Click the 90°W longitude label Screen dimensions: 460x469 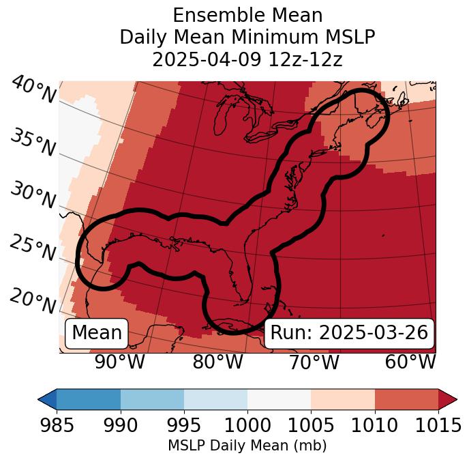(x=120, y=362)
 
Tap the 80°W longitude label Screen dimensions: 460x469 (x=218, y=362)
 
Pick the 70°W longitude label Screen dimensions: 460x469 (x=314, y=362)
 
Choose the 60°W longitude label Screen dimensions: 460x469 (x=410, y=362)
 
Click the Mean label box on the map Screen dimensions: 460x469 (x=97, y=333)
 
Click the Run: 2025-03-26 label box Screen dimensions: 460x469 (x=349, y=333)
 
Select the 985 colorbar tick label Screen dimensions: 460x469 (x=57, y=426)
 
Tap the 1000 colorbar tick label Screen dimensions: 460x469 (x=247, y=426)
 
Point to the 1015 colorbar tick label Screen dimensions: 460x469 (x=438, y=426)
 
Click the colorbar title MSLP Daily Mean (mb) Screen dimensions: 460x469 (x=247, y=446)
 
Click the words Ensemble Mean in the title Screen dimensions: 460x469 (x=247, y=15)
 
